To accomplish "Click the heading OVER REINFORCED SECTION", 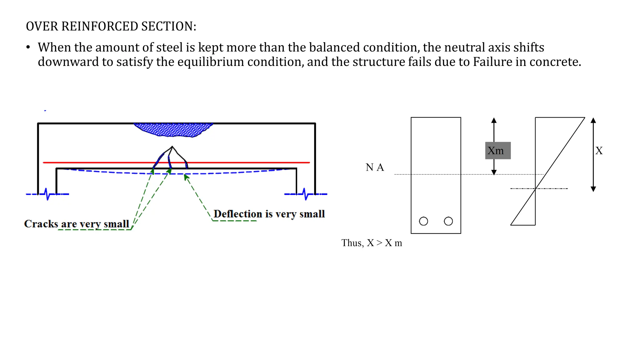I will tap(111, 26).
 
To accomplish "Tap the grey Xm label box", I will tap(498, 151).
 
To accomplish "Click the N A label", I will tap(375, 167).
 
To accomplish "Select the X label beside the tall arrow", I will tap(599, 151).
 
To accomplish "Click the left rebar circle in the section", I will tap(423, 221).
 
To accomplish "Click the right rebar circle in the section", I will tap(448, 221).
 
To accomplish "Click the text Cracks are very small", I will tap(77, 224).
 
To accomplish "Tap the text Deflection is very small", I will tap(269, 214).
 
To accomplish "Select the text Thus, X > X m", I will tap(372, 243).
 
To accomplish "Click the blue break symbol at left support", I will tap(47, 194).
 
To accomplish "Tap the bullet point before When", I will tap(28, 47).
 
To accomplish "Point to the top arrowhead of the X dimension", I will tap(593, 120).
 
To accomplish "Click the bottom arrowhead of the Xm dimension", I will tap(494, 172).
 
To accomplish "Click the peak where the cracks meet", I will tap(172, 146).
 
